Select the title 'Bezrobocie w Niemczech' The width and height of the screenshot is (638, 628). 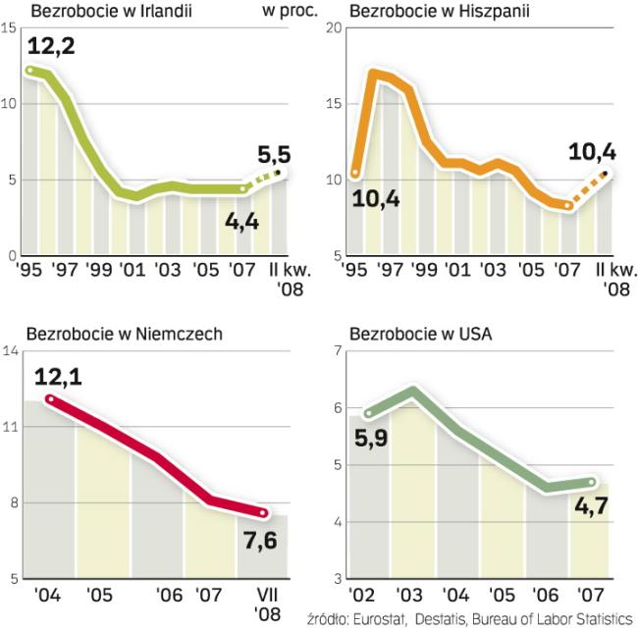(110, 334)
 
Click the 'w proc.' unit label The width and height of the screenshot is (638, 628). (285, 13)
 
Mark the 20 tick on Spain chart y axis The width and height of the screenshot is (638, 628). (332, 26)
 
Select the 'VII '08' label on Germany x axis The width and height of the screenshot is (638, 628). (267, 603)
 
